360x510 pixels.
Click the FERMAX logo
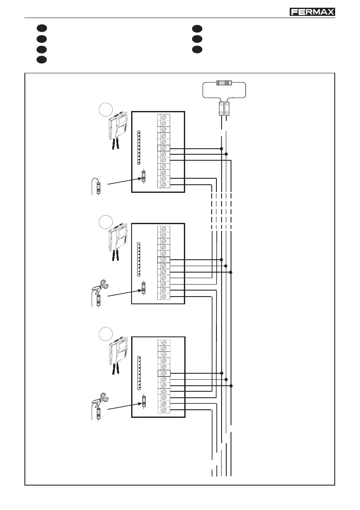[x=312, y=12]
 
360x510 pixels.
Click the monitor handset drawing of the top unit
[x=117, y=129]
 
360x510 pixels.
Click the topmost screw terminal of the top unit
[x=163, y=117]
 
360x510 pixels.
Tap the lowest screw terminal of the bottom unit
[x=163, y=410]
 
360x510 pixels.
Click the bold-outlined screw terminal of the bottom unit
[x=163, y=373]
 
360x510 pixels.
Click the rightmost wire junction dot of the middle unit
[x=231, y=272]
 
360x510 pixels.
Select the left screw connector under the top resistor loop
[x=221, y=109]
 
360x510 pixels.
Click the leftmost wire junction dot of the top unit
[x=221, y=148]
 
